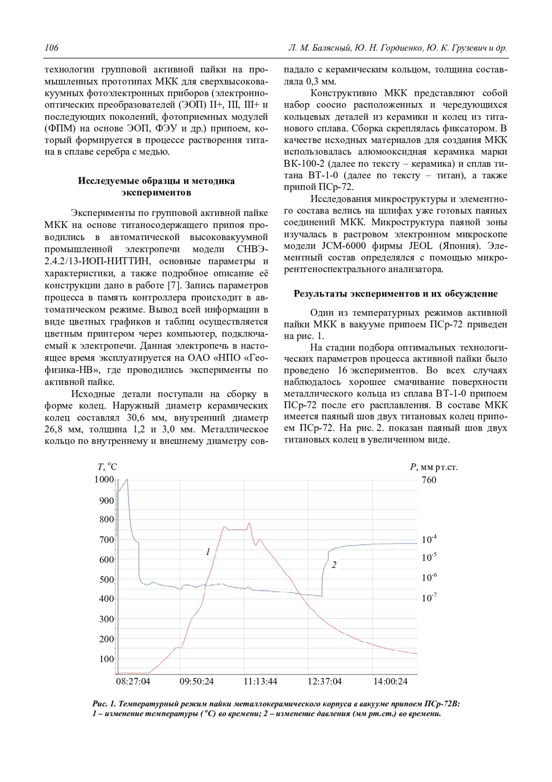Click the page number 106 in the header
pyautogui.click(x=52, y=48)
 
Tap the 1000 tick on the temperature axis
pyautogui.click(x=104, y=479)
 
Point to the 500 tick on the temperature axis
pyautogui.click(x=106, y=579)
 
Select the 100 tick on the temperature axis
pyautogui.click(x=106, y=659)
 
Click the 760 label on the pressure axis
pyautogui.click(x=429, y=480)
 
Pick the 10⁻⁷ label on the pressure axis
pyautogui.click(x=429, y=598)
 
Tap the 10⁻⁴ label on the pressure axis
pyautogui.click(x=429, y=539)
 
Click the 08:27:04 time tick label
pyautogui.click(x=133, y=682)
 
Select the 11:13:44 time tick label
pyautogui.click(x=260, y=682)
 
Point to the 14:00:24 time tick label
pyautogui.click(x=390, y=682)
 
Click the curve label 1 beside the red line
pyautogui.click(x=208, y=551)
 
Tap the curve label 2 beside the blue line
pyautogui.click(x=334, y=565)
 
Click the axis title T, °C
pyautogui.click(x=107, y=467)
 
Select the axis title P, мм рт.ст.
pyautogui.click(x=434, y=467)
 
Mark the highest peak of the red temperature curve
pyautogui.click(x=249, y=523)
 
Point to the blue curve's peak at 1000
pyautogui.click(x=127, y=480)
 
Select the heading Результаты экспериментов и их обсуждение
pyautogui.click(x=396, y=294)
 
